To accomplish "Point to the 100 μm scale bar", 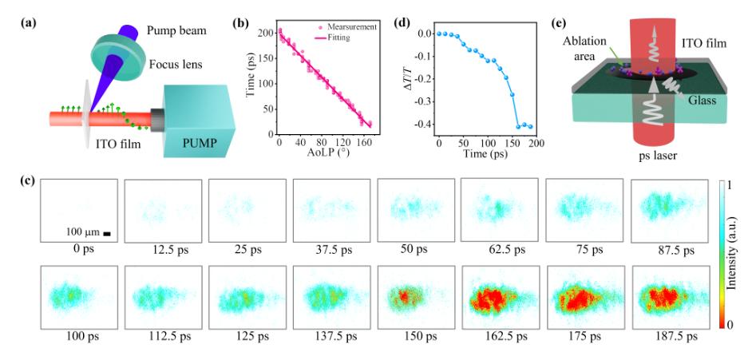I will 106,234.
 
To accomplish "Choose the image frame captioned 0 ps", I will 77,212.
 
